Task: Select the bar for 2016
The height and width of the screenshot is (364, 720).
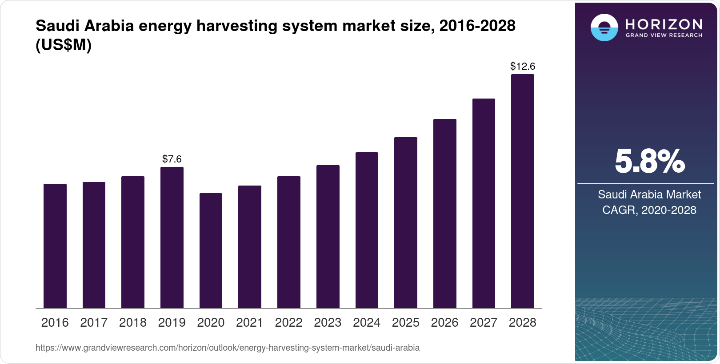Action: click(x=55, y=246)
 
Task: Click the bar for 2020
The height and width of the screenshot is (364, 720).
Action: click(x=211, y=250)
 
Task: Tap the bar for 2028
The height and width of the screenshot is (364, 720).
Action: click(x=522, y=191)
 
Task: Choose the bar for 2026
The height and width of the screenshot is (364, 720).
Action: click(x=444, y=214)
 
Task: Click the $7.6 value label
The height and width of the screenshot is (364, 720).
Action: click(x=172, y=159)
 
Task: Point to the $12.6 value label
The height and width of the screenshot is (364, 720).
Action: click(x=522, y=67)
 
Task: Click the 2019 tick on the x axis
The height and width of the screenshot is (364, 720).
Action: click(x=172, y=322)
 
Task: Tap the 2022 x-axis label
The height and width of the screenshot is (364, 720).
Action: click(x=288, y=322)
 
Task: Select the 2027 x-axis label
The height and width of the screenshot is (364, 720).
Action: click(x=484, y=322)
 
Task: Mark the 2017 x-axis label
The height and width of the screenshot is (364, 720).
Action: click(x=94, y=322)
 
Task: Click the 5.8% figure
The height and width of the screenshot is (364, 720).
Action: click(x=649, y=162)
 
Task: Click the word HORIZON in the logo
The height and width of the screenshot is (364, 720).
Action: click(x=664, y=24)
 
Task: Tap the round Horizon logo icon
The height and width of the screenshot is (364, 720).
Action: click(x=604, y=28)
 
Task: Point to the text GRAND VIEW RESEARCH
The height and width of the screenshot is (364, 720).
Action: click(x=664, y=36)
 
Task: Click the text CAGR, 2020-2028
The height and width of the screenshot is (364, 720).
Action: click(x=649, y=210)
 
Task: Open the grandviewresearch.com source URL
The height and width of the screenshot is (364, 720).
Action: click(x=227, y=348)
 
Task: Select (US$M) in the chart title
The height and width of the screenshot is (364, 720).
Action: click(x=64, y=45)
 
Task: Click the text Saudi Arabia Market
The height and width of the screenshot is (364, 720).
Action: click(x=649, y=194)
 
